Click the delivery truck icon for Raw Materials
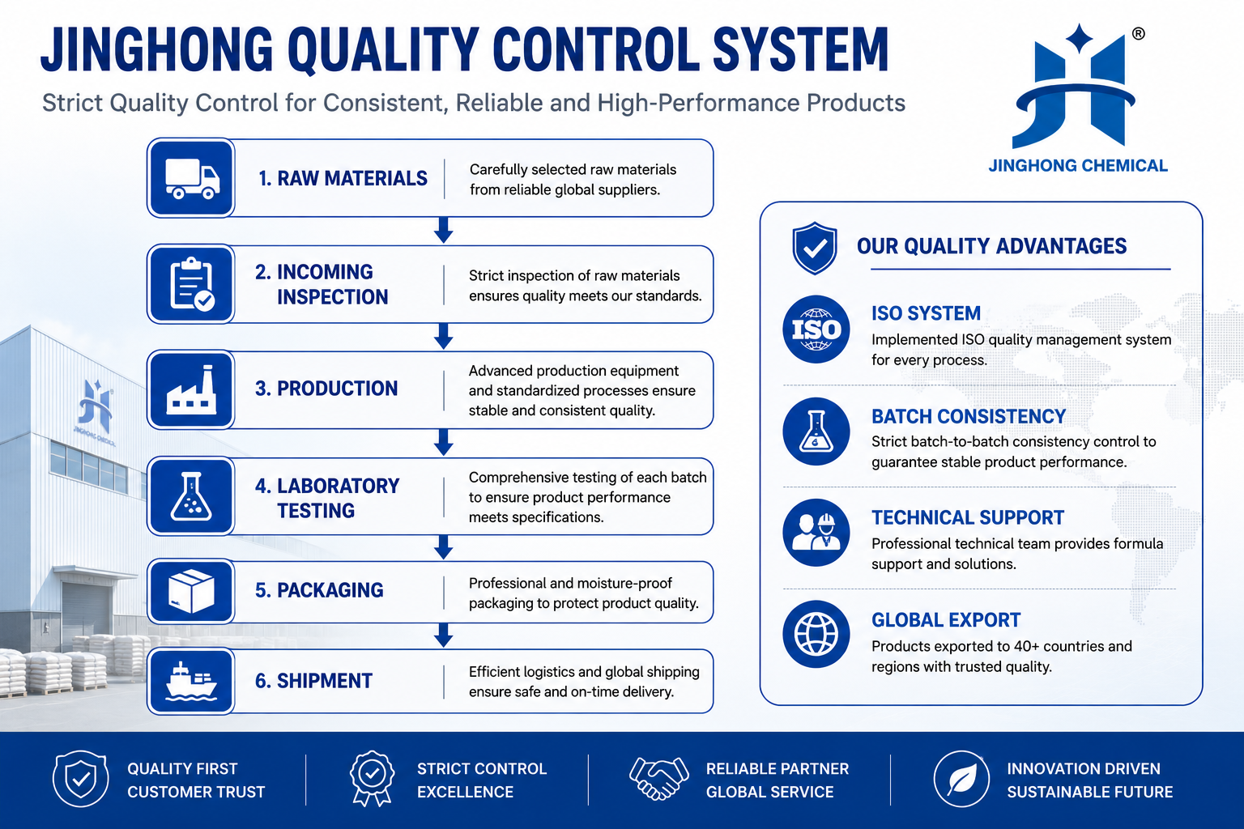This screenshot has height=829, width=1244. pyautogui.click(x=192, y=178)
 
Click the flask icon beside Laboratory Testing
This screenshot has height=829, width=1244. pyautogui.click(x=191, y=496)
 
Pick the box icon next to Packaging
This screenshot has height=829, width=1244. pyautogui.click(x=191, y=591)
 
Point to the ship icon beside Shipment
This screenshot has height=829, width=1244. pyautogui.click(x=191, y=682)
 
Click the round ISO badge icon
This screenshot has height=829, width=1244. pyautogui.click(x=816, y=329)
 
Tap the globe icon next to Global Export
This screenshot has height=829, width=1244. pyautogui.click(x=816, y=634)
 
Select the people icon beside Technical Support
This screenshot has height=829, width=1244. pyautogui.click(x=816, y=533)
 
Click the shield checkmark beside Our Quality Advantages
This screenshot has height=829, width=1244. pyautogui.click(x=815, y=249)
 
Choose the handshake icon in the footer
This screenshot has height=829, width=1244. pyautogui.click(x=659, y=779)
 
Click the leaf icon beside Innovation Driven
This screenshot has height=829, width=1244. pyautogui.click(x=961, y=779)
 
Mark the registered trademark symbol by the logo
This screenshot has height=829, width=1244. pyautogui.click(x=1138, y=34)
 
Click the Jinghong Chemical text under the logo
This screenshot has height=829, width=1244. pyautogui.click(x=1078, y=165)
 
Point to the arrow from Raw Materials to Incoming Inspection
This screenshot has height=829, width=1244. pyautogui.click(x=443, y=230)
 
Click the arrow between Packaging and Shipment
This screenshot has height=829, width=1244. pyautogui.click(x=443, y=636)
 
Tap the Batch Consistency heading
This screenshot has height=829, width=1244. pyautogui.click(x=969, y=416)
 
